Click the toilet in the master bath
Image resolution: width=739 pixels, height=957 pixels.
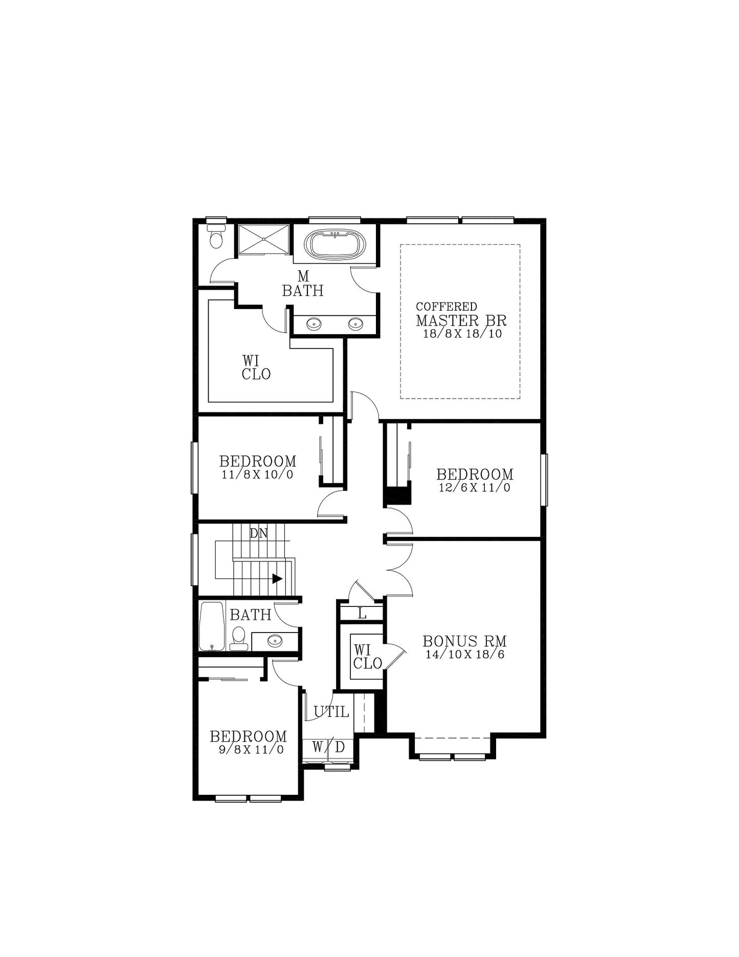coord(217,236)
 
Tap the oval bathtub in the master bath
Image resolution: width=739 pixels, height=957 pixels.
coord(335,245)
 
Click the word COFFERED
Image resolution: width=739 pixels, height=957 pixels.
coord(446,307)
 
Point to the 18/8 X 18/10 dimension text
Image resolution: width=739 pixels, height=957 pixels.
coord(462,334)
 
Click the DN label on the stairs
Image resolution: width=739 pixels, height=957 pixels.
coord(259,533)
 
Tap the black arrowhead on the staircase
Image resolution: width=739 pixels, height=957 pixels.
coord(277,579)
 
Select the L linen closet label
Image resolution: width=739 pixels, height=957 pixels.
coord(362,614)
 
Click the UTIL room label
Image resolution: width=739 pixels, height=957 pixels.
coord(331,712)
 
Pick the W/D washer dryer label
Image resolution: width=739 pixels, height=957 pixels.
coord(328,747)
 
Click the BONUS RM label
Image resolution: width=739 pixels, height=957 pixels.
coord(464,641)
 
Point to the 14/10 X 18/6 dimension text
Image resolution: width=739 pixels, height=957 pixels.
coord(465,655)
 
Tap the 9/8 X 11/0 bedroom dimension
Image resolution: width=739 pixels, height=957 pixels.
coord(251,750)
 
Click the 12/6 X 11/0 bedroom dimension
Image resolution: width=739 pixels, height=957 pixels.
coord(475,488)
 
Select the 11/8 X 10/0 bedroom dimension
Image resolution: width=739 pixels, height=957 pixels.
coord(257,474)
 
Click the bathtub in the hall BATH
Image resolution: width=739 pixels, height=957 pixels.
coord(212,626)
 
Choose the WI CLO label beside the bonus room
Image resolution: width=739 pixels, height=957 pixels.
coord(367,657)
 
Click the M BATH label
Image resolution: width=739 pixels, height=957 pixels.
coord(303,284)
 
